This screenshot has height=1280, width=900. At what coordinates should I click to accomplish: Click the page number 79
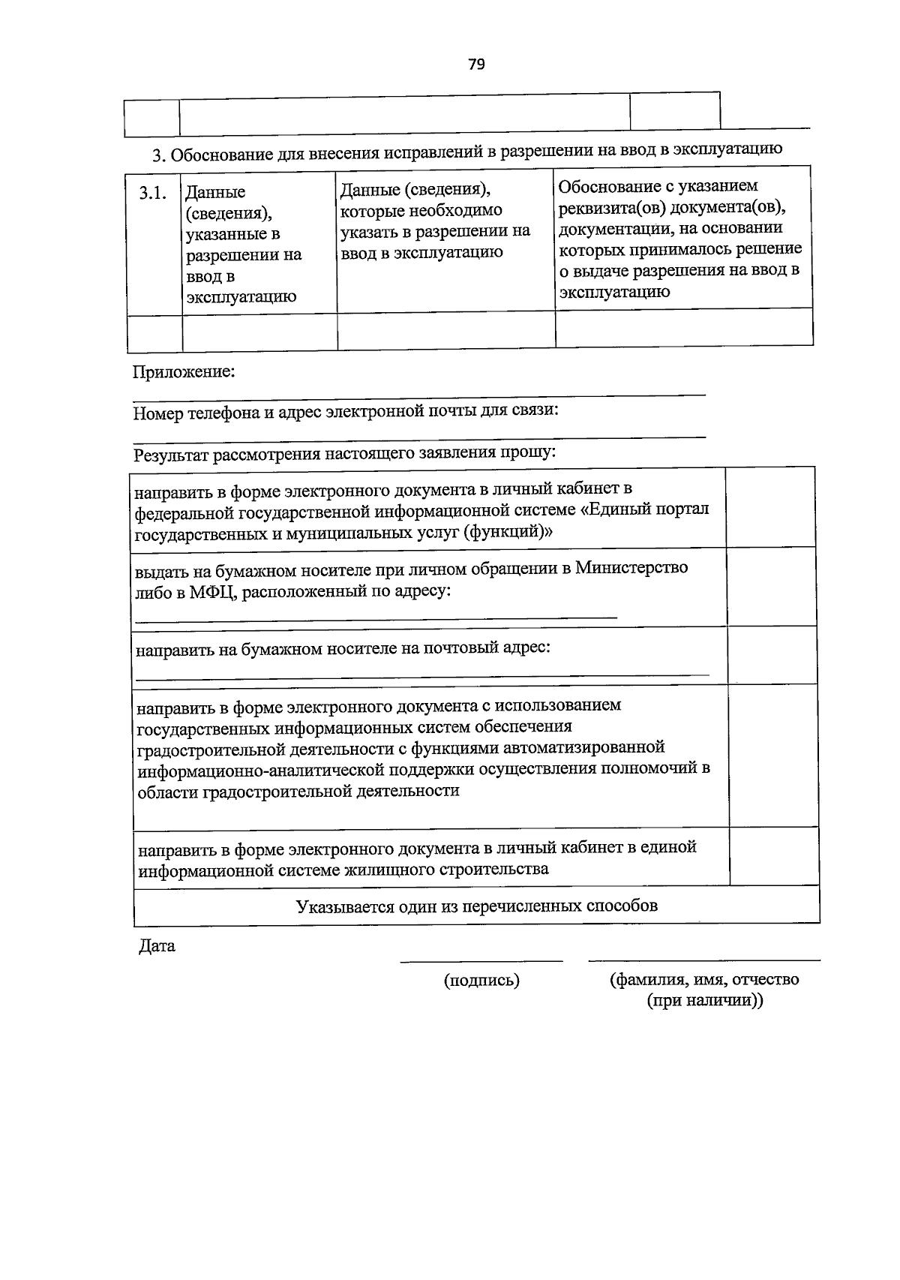(476, 65)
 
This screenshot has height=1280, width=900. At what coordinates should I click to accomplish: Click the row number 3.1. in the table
(152, 193)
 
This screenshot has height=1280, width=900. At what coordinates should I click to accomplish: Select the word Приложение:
(184, 371)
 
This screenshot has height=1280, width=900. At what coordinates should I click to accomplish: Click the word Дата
(157, 946)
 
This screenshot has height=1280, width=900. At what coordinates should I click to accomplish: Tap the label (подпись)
(481, 980)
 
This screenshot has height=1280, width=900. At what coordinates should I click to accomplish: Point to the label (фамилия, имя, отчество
(704, 979)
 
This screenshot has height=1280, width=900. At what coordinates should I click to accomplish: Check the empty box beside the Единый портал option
(770, 507)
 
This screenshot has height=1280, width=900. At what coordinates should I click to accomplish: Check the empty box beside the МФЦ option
(770, 587)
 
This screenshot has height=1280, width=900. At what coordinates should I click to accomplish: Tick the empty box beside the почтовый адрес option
(771, 655)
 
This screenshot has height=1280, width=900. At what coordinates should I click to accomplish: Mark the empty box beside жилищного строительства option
(773, 858)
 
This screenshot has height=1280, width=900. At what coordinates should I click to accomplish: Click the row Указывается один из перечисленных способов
(476, 906)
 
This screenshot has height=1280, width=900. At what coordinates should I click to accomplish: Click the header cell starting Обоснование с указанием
(681, 238)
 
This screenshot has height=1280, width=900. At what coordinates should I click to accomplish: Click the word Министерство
(631, 568)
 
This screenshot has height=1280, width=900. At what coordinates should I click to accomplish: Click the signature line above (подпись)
(481, 960)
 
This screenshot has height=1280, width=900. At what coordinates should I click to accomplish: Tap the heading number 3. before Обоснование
(157, 156)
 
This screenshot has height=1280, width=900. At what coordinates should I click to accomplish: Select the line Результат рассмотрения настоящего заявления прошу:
(344, 453)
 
